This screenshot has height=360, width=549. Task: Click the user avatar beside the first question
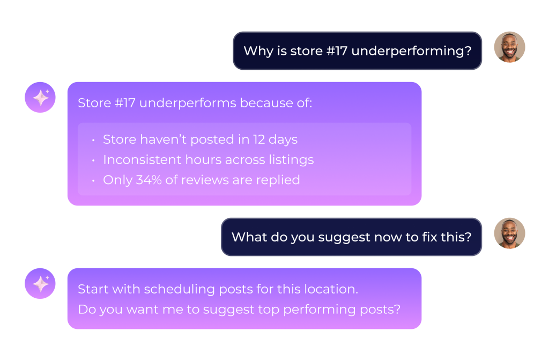click(x=509, y=47)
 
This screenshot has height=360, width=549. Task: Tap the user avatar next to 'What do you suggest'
click(x=509, y=233)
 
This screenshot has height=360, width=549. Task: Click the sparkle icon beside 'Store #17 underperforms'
click(x=40, y=97)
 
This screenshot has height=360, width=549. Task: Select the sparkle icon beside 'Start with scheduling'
click(x=40, y=283)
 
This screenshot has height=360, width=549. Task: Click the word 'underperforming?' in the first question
click(x=411, y=51)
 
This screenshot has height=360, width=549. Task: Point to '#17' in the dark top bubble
click(x=337, y=51)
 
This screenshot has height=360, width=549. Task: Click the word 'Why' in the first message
click(x=258, y=51)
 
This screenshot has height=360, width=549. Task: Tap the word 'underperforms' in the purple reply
click(x=188, y=103)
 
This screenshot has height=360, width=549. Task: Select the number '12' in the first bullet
click(x=259, y=139)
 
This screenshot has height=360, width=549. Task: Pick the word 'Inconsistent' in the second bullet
click(x=142, y=160)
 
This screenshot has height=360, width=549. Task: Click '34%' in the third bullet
click(x=149, y=180)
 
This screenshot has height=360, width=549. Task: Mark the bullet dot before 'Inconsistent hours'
click(x=93, y=160)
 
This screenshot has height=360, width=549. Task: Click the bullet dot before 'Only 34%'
click(x=93, y=181)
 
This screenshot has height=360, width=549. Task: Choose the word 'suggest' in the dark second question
click(x=344, y=238)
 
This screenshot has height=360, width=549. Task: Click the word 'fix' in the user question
click(x=429, y=237)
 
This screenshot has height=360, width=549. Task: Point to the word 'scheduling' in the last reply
click(x=179, y=290)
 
